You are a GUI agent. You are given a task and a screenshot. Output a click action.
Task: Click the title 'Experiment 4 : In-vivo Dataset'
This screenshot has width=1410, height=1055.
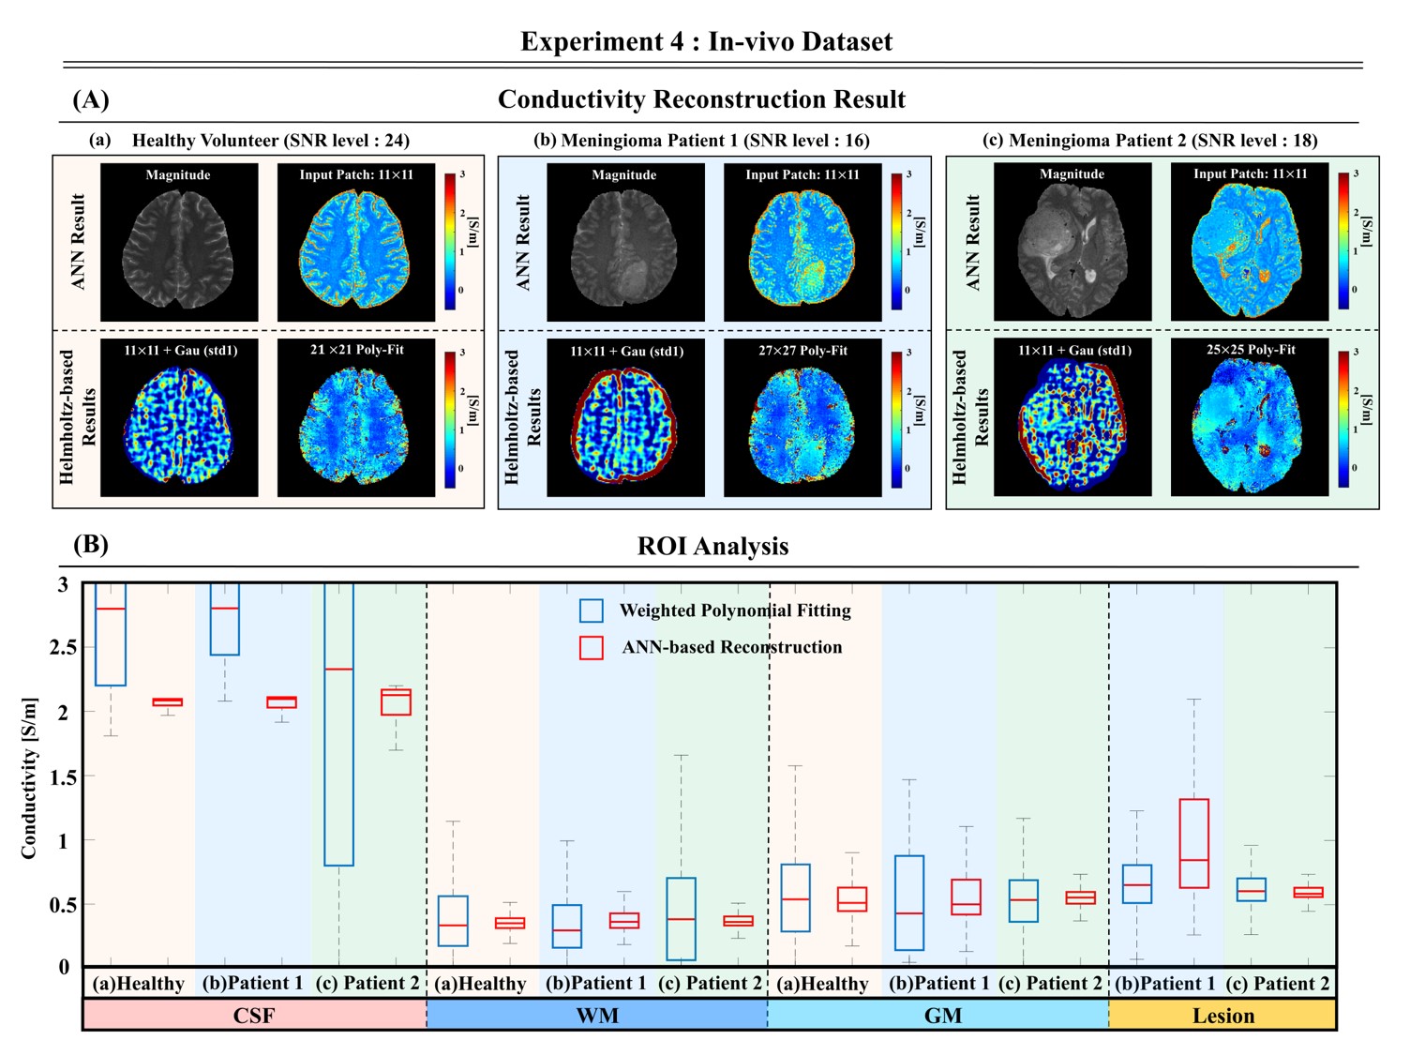click(706, 41)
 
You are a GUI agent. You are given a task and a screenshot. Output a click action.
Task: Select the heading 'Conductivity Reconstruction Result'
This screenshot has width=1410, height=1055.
click(701, 99)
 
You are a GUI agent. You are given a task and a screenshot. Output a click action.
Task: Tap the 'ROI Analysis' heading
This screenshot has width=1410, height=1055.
click(712, 546)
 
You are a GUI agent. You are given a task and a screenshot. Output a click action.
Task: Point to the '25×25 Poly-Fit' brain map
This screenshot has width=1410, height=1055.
click(1250, 418)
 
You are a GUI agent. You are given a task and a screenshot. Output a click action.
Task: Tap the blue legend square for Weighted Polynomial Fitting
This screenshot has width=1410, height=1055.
click(591, 610)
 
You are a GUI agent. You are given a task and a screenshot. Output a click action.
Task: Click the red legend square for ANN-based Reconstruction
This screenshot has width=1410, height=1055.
click(591, 647)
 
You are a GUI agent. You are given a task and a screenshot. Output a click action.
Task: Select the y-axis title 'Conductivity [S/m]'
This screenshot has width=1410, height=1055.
click(29, 778)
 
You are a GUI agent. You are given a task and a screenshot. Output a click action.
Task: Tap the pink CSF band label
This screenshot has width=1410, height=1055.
click(254, 1016)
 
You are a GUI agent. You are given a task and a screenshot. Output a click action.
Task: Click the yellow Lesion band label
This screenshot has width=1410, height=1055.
click(1222, 1016)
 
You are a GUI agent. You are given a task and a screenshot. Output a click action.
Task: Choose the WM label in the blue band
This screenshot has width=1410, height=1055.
click(597, 1016)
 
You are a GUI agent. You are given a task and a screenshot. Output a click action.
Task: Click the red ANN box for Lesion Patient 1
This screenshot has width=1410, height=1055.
click(1193, 843)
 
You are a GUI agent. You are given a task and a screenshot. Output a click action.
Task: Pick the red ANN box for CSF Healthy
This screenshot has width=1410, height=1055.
click(168, 701)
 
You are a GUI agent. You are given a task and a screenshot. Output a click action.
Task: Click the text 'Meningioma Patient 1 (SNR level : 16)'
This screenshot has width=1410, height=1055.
click(702, 141)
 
